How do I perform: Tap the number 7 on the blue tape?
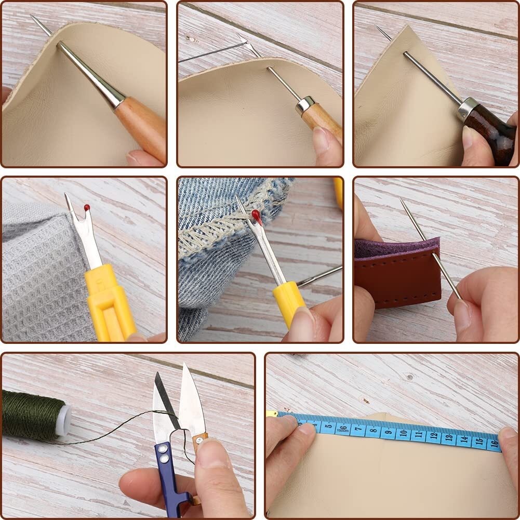tap(356, 430)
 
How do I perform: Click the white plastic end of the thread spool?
tap(63, 420)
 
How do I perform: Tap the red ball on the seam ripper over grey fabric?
tap(87, 208)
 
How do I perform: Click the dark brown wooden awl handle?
tap(491, 136)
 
